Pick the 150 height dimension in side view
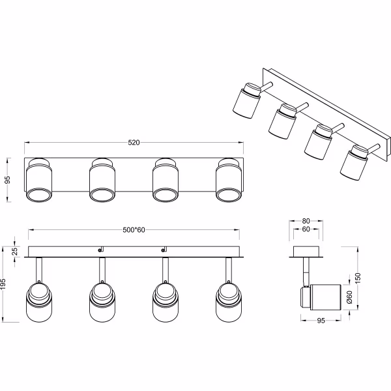click(x=366, y=279)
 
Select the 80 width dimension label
click(x=306, y=222)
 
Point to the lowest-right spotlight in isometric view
click(x=353, y=163)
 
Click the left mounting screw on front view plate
click(x=100, y=249)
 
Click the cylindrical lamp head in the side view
click(x=323, y=297)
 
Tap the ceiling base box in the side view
click(x=306, y=252)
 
